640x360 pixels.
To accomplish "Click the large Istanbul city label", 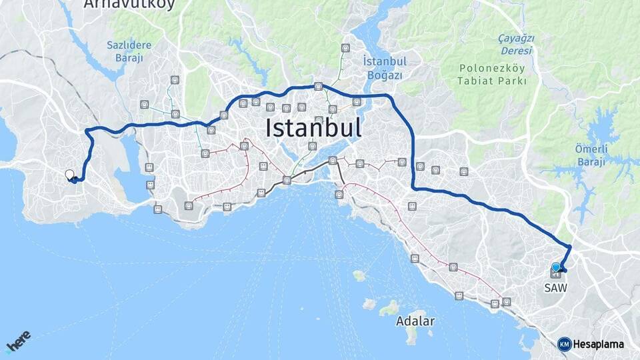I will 313,127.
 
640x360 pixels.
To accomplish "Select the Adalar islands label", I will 415,321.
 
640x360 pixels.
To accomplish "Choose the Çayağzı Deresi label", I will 516,44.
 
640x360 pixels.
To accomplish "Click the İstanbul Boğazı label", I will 385,68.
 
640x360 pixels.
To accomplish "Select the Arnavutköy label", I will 129,5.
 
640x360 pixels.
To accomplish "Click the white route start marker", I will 69,175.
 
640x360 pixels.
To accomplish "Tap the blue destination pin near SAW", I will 555,267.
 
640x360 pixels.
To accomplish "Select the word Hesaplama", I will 599,344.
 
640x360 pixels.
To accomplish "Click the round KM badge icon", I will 564,344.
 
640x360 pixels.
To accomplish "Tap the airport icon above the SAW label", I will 555,273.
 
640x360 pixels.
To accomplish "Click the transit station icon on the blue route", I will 319,86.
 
